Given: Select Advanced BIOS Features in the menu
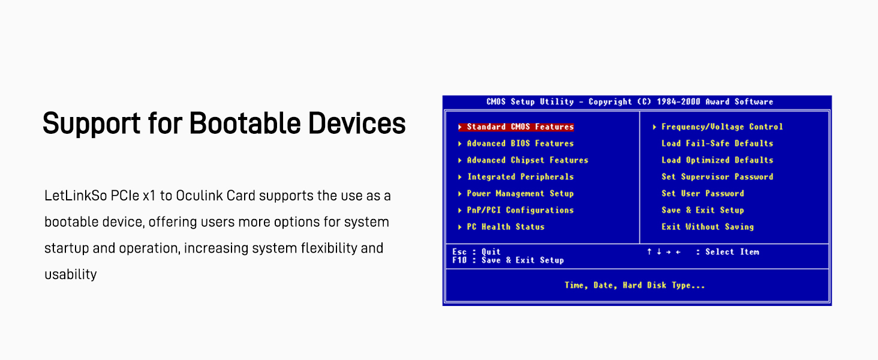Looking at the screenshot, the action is (520, 143).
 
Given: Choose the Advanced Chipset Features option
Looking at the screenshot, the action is (528, 160).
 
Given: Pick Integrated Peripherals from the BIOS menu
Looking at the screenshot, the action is (520, 177).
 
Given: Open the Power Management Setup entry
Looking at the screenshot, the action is (520, 193).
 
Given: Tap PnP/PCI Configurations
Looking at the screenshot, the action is (520, 210).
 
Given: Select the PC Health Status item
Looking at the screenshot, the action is (506, 227).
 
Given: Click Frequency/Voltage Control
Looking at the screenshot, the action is (722, 127).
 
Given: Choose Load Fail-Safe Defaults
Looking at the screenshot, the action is (717, 143).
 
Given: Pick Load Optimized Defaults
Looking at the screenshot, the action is (717, 160).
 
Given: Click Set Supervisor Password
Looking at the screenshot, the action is (717, 177).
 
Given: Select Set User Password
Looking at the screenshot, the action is (703, 193).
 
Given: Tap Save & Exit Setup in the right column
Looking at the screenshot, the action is (703, 210).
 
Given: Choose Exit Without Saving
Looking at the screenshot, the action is (708, 227).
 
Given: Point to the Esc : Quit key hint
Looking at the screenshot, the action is (476, 252).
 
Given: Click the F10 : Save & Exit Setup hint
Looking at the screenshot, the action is (508, 260).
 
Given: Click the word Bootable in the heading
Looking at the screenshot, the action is (245, 123).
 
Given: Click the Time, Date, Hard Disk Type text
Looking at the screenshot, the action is (635, 286).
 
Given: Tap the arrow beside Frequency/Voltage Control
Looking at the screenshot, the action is (654, 127).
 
